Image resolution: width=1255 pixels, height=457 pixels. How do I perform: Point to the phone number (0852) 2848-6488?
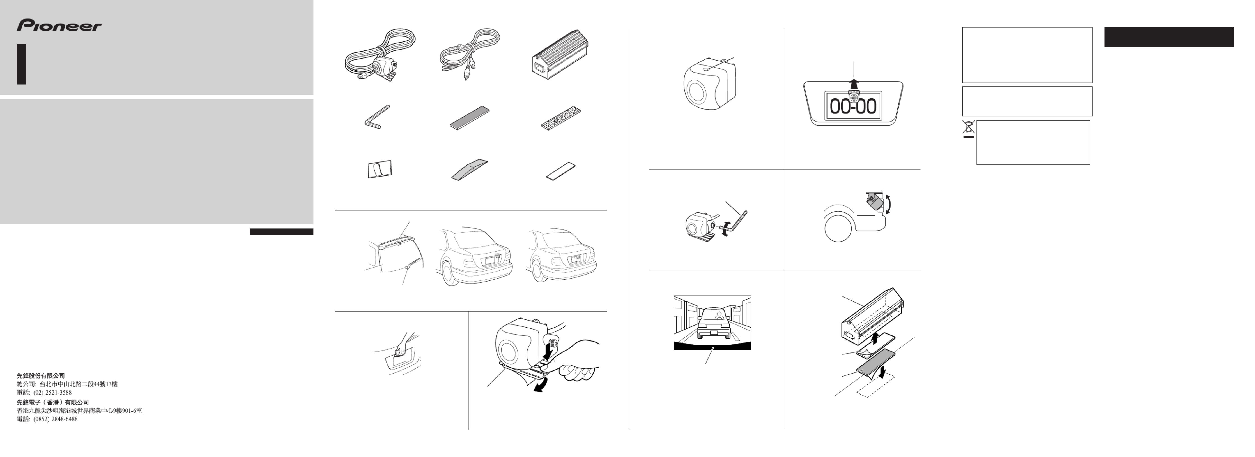55,419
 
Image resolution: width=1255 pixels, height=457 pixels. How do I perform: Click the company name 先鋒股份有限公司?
41,376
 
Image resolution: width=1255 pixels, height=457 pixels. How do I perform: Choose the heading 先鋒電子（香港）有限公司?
53,402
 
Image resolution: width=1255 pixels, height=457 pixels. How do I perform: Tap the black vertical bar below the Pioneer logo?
21,64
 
